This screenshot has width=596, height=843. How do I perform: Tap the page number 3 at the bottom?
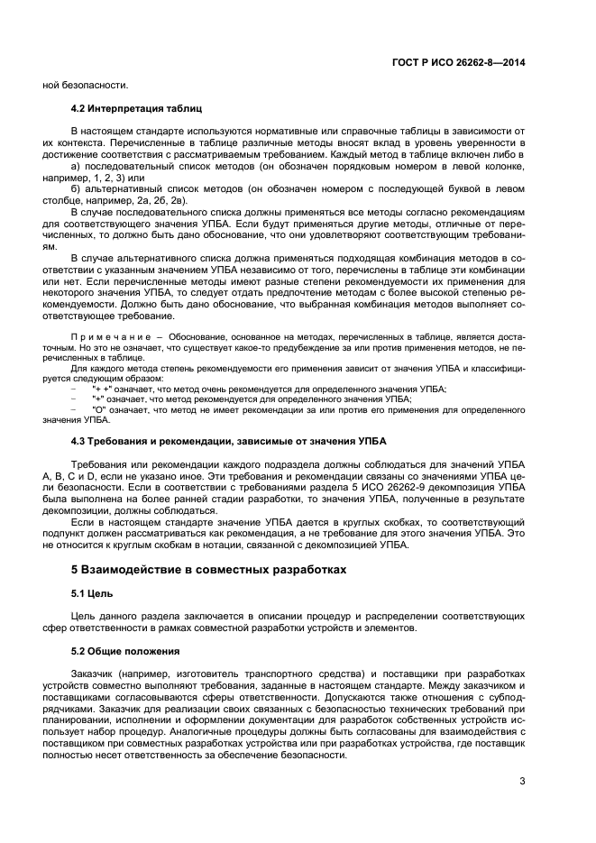pos(522,781)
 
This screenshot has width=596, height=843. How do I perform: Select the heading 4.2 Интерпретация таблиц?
pos(130,108)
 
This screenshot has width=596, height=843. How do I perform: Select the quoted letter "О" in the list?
pos(99,409)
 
